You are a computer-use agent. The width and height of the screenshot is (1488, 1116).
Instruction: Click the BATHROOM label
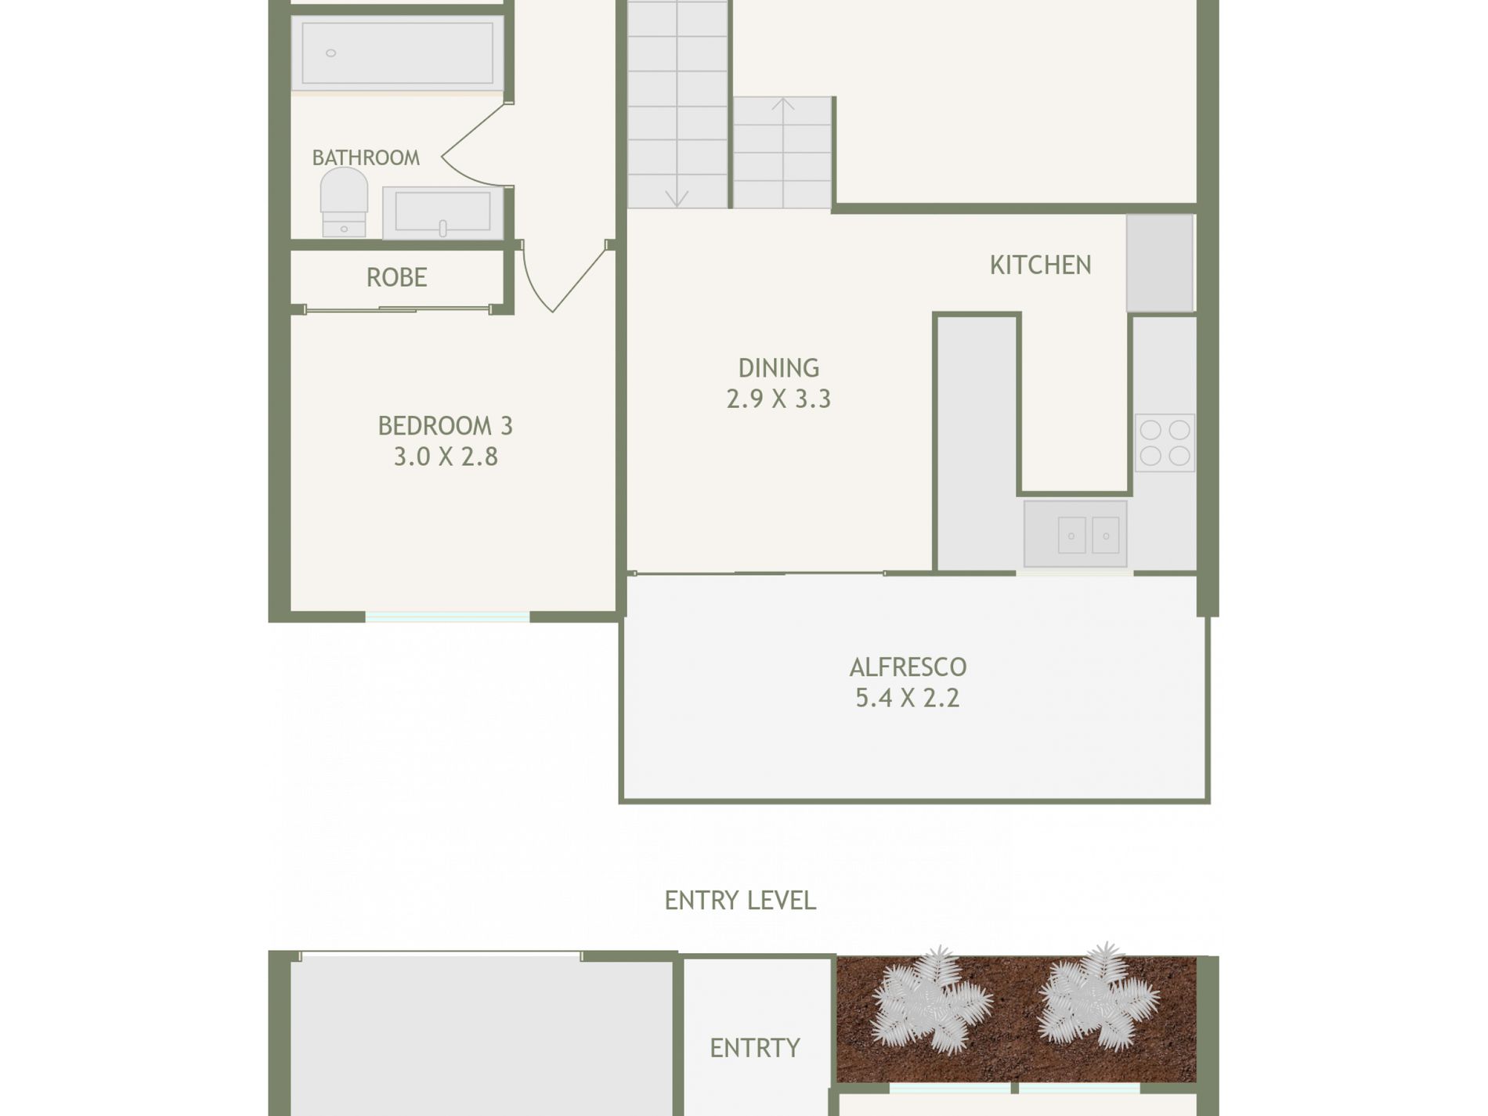pos(366,158)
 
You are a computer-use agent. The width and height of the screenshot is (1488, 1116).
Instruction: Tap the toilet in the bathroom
pos(344,202)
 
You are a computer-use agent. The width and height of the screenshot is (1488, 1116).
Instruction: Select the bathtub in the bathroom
pos(398,52)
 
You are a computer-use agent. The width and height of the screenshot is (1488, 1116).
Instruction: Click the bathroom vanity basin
pos(442,212)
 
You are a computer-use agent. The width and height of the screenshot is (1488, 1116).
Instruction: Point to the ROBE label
pos(396,277)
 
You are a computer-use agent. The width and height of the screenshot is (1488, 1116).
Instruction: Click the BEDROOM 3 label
pos(445,426)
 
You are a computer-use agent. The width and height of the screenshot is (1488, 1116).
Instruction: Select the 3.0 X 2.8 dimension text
pos(445,457)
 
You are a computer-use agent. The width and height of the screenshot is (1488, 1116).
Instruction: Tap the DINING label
pos(778,368)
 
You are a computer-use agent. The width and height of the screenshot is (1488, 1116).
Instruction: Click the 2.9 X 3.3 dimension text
pos(778,399)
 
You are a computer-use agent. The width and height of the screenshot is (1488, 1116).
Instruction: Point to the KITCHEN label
pos(1040,265)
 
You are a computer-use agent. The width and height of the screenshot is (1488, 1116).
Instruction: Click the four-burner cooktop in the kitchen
pos(1165,442)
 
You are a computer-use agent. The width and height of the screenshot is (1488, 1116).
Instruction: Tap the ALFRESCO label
pos(908,667)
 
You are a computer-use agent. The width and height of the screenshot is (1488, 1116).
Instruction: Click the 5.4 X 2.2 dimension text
pos(907,698)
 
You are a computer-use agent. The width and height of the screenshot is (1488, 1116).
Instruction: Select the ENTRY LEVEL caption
pos(740,901)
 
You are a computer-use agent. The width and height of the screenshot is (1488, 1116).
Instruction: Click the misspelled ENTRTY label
pos(755,1048)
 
